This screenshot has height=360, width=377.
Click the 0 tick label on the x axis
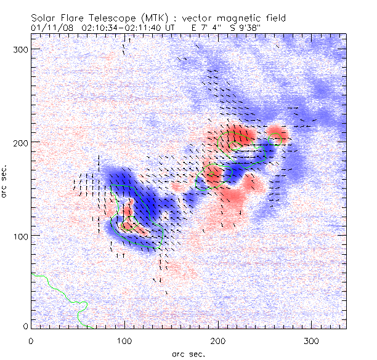tap(30, 341)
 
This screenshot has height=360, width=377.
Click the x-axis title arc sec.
tap(188, 354)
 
